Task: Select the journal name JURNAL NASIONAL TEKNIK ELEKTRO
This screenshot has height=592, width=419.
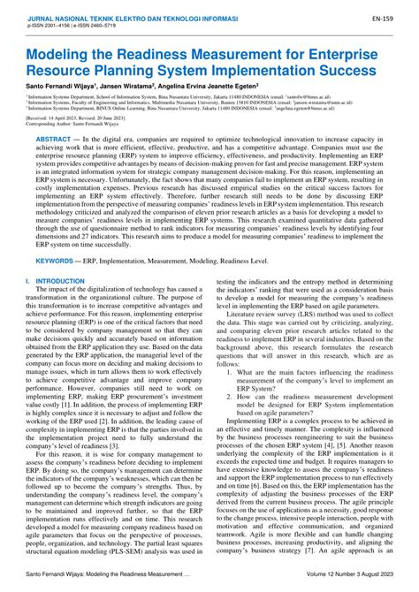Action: [88, 17]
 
